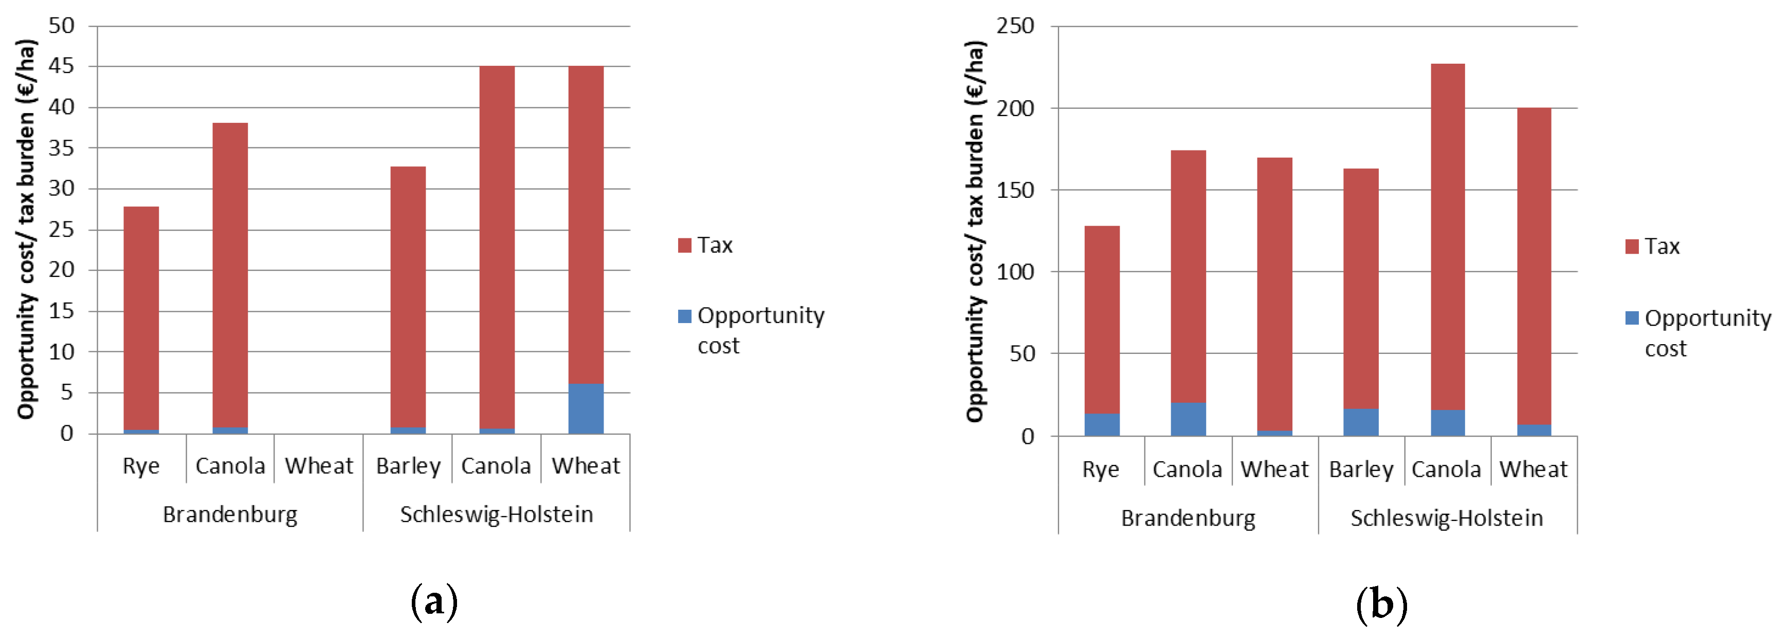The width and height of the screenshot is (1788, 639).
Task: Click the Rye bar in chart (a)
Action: [x=141, y=319]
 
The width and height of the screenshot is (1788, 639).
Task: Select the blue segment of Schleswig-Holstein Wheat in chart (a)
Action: [x=586, y=409]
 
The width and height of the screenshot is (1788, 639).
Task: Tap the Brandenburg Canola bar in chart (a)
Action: [x=230, y=277]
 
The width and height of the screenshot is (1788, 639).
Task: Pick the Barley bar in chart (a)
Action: [x=408, y=298]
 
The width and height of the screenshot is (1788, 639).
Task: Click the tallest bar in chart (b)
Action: [x=1448, y=250]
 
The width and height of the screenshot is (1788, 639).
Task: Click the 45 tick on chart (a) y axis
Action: [x=62, y=67]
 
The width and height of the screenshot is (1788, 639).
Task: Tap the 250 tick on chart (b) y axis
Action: [x=1015, y=26]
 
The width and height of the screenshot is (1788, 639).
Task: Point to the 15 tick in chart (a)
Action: [x=62, y=311]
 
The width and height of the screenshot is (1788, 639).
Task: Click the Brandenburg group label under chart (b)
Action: [x=1188, y=518]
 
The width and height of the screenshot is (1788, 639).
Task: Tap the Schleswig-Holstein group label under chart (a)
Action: [x=496, y=515]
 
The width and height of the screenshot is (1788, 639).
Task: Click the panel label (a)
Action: [x=434, y=602]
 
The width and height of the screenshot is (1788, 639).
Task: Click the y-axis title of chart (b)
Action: [x=975, y=231]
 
